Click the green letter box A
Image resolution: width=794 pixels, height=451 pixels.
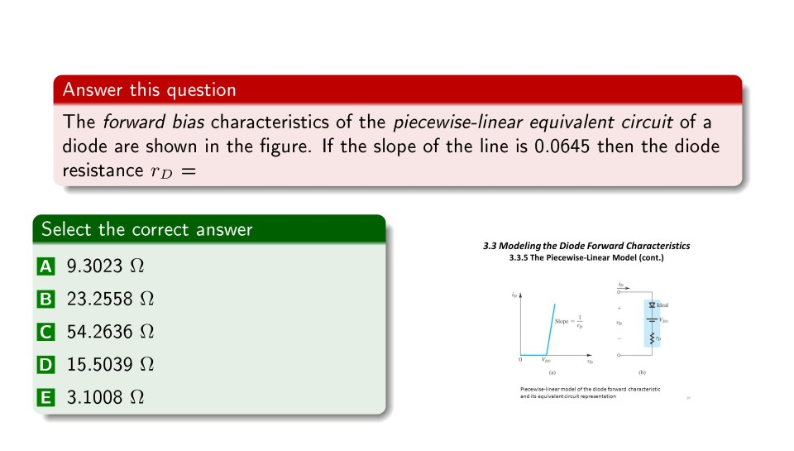coord(45,266)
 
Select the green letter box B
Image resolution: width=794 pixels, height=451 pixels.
coord(45,299)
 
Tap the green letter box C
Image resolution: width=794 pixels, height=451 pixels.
coord(45,332)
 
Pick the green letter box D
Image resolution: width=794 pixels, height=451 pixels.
coord(45,364)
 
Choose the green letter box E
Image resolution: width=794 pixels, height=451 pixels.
coord(45,397)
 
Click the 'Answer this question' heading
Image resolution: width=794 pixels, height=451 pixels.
coord(150,89)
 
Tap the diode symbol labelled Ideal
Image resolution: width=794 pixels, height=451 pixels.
coord(653,305)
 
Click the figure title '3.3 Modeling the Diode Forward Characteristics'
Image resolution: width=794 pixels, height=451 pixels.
coord(586,246)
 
